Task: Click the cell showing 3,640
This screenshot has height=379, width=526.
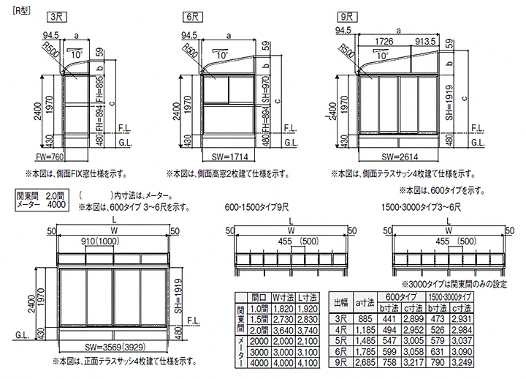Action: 282,330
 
